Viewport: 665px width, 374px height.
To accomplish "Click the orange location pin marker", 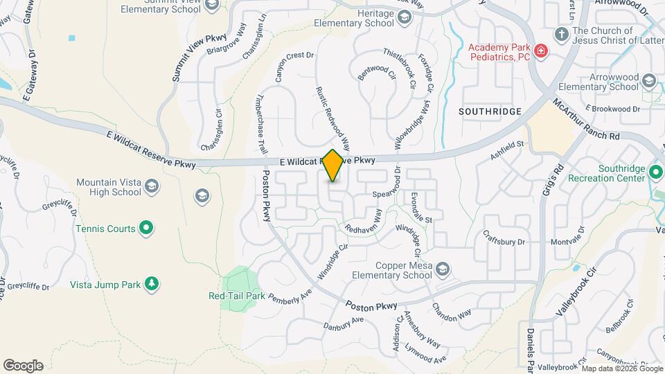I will click(x=333, y=166).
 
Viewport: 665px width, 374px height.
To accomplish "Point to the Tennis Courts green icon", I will click(x=145, y=226).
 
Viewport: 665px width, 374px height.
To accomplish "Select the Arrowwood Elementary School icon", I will click(x=648, y=82).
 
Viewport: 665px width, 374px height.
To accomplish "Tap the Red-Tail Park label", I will click(x=237, y=296).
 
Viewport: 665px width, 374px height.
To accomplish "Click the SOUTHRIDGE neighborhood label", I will click(x=490, y=111).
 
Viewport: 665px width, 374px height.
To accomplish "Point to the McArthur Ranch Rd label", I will click(x=585, y=119).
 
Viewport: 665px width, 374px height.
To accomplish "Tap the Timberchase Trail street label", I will click(x=263, y=125).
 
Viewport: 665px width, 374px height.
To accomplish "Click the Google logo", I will click(x=23, y=366).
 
